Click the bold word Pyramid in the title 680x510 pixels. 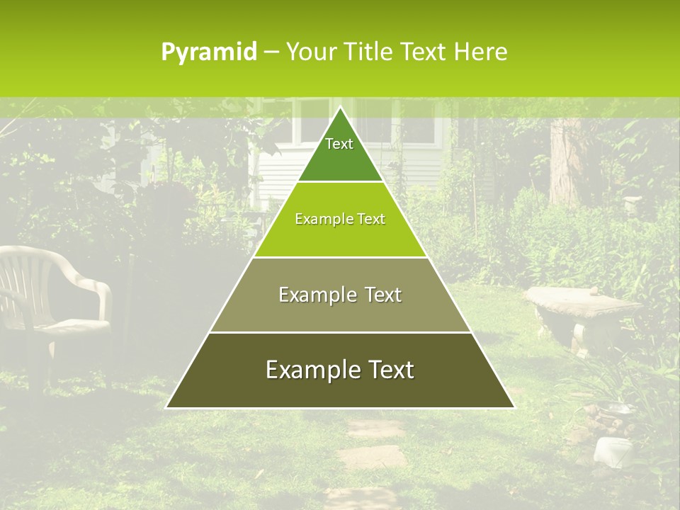point(208,52)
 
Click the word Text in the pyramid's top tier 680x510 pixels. point(339,144)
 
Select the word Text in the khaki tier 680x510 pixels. point(382,295)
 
